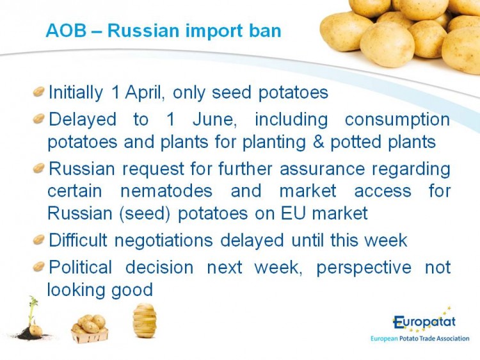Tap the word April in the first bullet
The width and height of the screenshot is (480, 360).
point(143,92)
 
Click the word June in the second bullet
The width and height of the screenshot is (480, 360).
point(214,119)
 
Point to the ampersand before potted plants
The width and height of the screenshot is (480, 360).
point(318,142)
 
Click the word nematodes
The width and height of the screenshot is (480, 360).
point(166,191)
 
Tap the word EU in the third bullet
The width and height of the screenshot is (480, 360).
point(294,213)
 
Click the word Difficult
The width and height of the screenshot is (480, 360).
point(78,240)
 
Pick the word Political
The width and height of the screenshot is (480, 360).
point(81,267)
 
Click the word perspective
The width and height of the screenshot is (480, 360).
point(364,268)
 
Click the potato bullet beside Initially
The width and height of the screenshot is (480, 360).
point(39,92)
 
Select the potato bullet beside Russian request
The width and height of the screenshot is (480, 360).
point(39,168)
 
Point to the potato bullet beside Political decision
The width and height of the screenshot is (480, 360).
point(39,266)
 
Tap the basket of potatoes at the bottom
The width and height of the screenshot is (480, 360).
point(90,329)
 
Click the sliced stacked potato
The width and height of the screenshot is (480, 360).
point(145,320)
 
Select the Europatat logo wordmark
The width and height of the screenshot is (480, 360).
point(424,322)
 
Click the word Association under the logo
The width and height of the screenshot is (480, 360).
point(452,339)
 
